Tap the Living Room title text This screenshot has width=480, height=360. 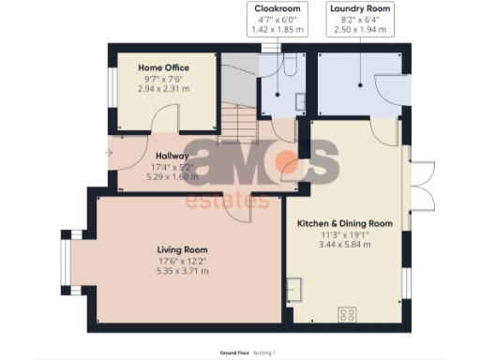click(x=182, y=249)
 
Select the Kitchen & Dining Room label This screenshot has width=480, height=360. click(x=344, y=224)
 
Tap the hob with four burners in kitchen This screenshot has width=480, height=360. click(x=349, y=313)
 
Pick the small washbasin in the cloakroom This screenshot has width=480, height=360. click(x=299, y=101)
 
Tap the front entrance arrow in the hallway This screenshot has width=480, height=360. click(x=110, y=153)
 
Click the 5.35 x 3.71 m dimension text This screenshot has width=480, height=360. click(x=182, y=271)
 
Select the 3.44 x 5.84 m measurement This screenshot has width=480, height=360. click(x=344, y=245)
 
